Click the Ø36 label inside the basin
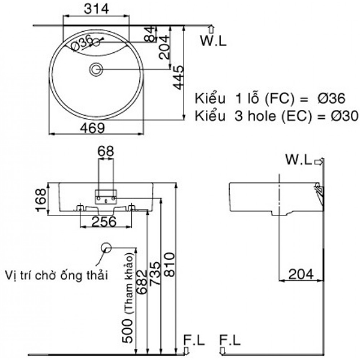[x=82, y=41]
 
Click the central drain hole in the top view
[x=96, y=70]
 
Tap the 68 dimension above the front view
[x=106, y=152]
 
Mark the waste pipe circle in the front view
[x=106, y=247]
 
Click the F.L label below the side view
[x=230, y=340]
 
